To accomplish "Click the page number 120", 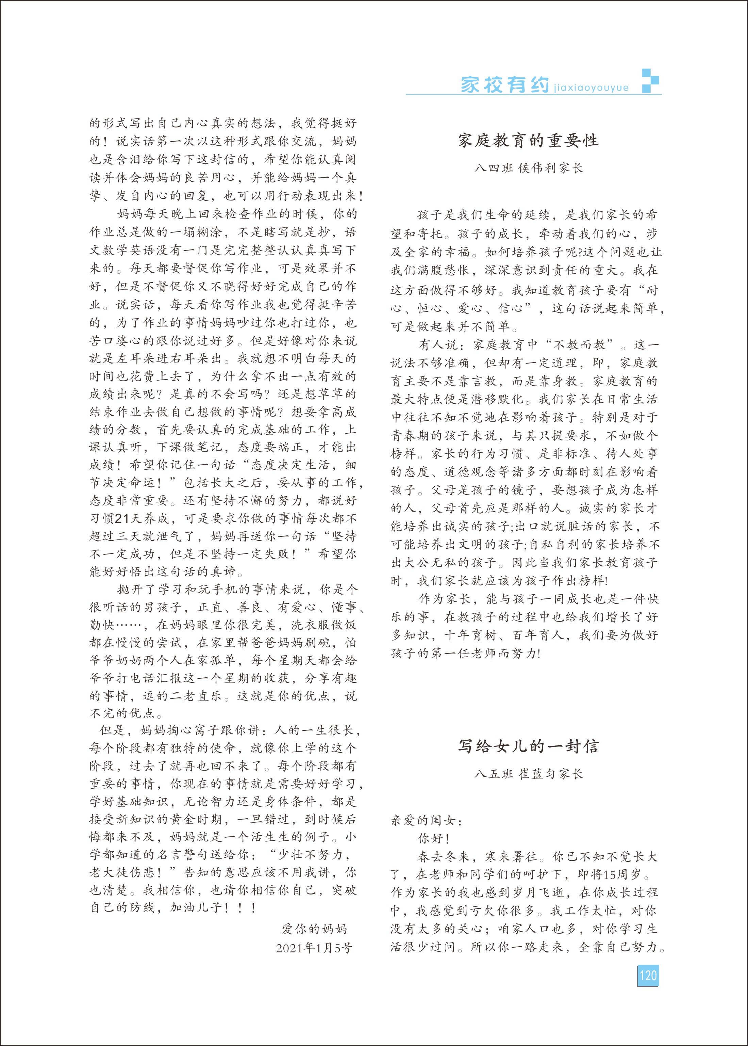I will click(648, 976).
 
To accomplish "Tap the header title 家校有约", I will click(505, 85).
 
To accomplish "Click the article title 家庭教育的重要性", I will click(528, 141).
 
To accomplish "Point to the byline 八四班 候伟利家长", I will click(528, 168).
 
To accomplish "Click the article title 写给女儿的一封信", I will click(528, 746).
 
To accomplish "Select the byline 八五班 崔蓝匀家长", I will click(528, 774).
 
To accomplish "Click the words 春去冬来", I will click(443, 857).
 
